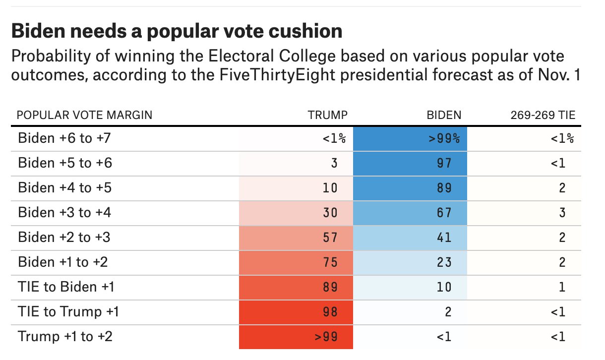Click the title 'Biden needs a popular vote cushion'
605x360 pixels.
pos(177,32)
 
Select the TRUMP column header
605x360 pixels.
pos(328,116)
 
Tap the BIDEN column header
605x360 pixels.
pos(444,116)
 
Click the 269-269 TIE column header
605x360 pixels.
pos(543,116)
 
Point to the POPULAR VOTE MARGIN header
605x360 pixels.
pos(85,116)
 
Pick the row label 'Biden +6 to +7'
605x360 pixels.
pos(64,138)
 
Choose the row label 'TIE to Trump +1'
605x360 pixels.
pos(68,312)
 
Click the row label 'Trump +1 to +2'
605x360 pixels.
pos(65,337)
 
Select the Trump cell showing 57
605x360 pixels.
pos(330,238)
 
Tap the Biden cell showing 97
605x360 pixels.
pos(444,163)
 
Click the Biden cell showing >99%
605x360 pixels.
pos(444,138)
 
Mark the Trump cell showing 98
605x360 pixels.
pos(330,312)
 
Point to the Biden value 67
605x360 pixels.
pos(444,213)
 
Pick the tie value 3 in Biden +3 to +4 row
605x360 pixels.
pos(562,213)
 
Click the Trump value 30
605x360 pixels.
pos(330,213)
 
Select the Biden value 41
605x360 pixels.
pos(444,238)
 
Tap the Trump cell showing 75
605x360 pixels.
pos(330,262)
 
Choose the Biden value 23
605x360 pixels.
pos(444,262)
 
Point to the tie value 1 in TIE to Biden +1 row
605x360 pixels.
pos(562,287)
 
